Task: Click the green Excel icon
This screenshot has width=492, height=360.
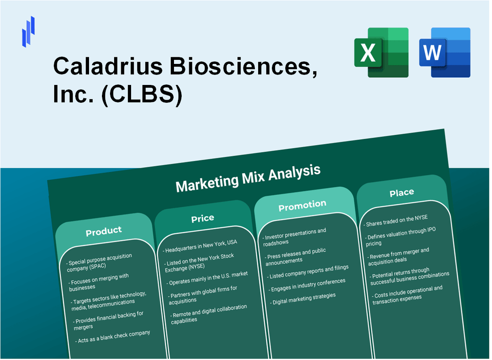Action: [x=381, y=52]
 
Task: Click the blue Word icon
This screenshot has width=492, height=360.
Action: [x=445, y=52]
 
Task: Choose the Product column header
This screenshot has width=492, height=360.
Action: [x=104, y=231]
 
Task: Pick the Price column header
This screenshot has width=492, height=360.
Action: [x=203, y=218]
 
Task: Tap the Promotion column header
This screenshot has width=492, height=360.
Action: [x=302, y=206]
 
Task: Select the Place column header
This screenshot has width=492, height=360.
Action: [x=401, y=193]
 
